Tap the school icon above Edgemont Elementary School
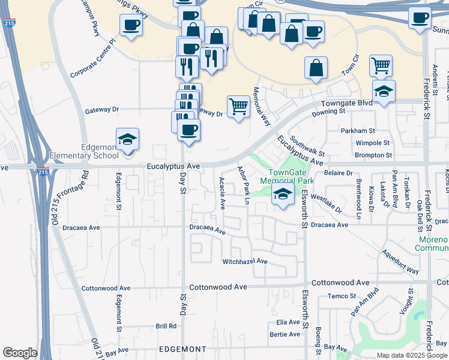click(128, 140)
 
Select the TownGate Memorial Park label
click(287, 176)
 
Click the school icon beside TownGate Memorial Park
click(283, 194)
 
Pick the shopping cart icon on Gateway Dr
click(238, 106)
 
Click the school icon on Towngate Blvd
click(384, 91)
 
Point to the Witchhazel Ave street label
click(244, 262)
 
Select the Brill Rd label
click(166, 326)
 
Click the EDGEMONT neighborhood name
click(182, 349)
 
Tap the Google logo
click(20, 353)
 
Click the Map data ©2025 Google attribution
click(412, 355)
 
